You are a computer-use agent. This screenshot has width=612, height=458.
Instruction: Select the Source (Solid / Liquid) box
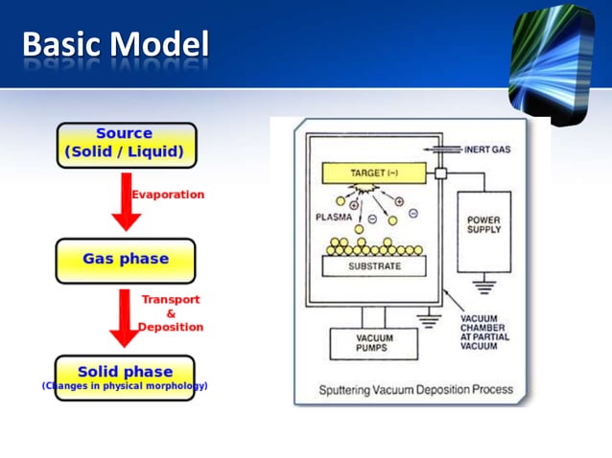(x=126, y=145)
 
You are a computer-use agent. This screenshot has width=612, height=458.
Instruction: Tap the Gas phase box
(x=125, y=260)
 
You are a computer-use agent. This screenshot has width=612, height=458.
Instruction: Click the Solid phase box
(x=125, y=377)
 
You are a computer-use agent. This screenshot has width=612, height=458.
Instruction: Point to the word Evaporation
(x=168, y=195)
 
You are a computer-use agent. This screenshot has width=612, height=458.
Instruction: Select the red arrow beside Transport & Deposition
(x=122, y=317)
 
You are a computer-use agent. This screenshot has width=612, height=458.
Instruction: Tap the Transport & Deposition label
(x=171, y=313)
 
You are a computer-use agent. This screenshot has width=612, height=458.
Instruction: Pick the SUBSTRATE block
(x=374, y=265)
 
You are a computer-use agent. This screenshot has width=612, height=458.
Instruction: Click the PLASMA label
(x=333, y=218)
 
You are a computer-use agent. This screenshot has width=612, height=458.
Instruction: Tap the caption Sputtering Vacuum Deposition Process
(x=416, y=390)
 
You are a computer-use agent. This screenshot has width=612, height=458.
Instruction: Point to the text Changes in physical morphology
(x=125, y=386)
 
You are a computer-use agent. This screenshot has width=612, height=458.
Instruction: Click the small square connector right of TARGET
(x=441, y=174)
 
